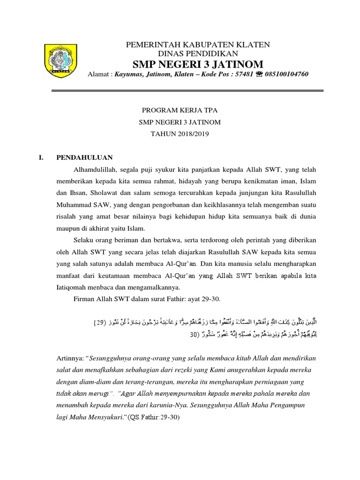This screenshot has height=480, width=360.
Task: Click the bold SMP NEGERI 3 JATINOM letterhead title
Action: pos(197,64)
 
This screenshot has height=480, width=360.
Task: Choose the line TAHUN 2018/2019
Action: pos(180,134)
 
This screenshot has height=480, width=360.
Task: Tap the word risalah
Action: pos(67,217)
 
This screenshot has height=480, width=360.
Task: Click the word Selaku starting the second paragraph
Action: pos(83,240)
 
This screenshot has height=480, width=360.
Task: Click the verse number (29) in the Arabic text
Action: pos(101,322)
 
